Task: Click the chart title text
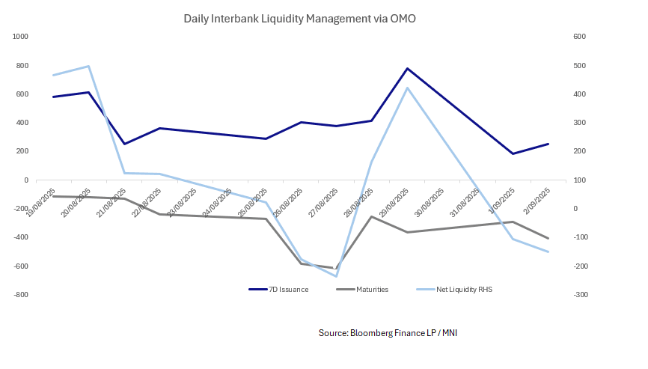[x=299, y=18]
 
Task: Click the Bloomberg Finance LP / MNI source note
[x=388, y=332]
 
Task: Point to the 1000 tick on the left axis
[x=19, y=37]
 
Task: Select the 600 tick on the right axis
[x=558, y=37]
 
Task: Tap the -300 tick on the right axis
[x=558, y=295]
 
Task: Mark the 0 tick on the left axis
[x=25, y=180]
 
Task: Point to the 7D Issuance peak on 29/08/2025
[x=407, y=68]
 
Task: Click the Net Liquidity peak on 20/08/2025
[x=89, y=66]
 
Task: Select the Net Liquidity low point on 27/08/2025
[x=336, y=276]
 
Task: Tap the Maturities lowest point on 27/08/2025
[x=336, y=268]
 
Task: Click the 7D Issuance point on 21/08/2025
[x=124, y=144]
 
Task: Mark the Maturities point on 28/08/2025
[x=372, y=216]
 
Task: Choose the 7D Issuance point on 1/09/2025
[x=513, y=153]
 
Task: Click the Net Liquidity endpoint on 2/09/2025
[x=548, y=251]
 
